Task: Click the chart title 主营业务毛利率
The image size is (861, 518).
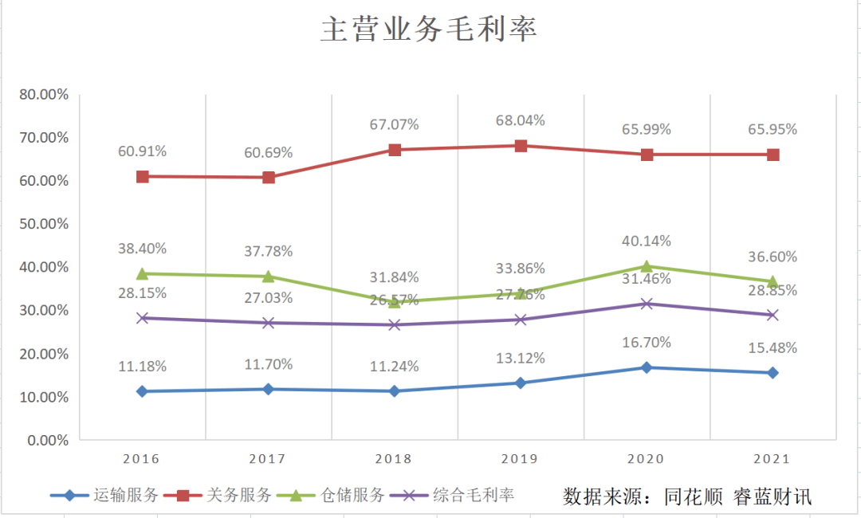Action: (429, 29)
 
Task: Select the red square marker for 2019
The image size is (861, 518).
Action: (521, 146)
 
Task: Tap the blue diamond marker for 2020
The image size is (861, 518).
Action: (647, 367)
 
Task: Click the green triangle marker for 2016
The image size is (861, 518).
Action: (143, 273)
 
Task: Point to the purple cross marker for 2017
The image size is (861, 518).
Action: (269, 323)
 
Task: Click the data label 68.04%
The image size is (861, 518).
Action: (520, 120)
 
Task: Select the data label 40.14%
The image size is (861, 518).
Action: (646, 241)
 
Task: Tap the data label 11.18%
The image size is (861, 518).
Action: (142, 367)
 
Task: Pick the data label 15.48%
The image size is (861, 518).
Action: (772, 347)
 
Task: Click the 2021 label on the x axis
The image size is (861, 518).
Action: (773, 459)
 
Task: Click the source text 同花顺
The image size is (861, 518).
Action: (694, 496)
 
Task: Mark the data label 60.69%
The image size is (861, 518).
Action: (269, 152)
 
